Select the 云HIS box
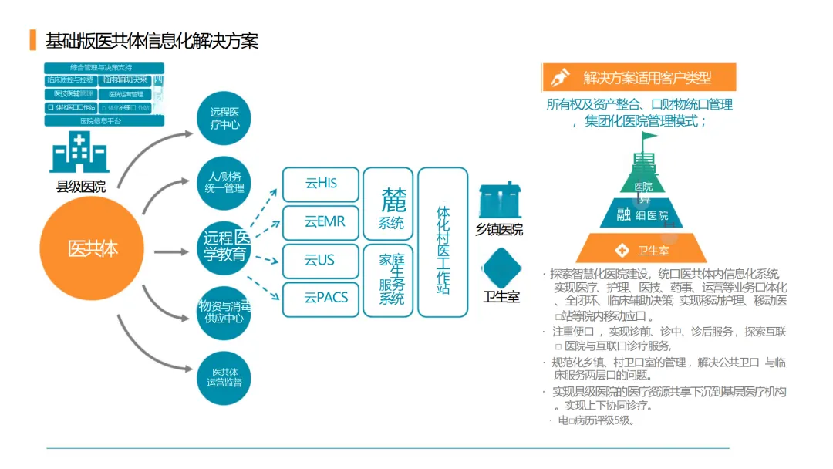tap(320, 184)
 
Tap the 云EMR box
tap(320, 222)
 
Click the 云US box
tap(320, 261)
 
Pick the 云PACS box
tap(320, 299)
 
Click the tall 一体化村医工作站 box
tap(443, 242)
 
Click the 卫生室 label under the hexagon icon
tap(501, 296)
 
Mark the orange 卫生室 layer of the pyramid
tap(653, 248)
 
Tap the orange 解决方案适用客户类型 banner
tap(639, 78)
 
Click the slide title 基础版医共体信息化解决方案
tap(152, 41)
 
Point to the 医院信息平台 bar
tap(104, 121)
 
